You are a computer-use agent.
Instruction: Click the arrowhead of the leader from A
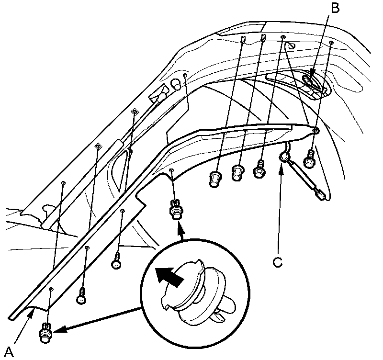point(32,312)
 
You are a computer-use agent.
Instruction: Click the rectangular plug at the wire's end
point(319,194)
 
